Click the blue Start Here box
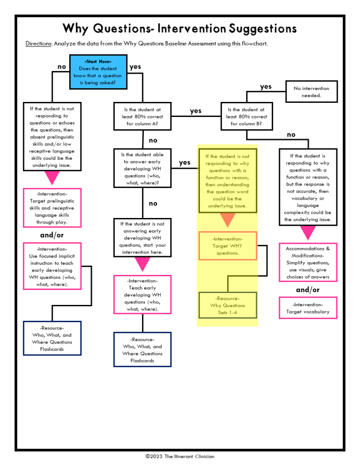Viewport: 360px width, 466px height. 98,72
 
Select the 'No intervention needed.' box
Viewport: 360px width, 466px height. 311,92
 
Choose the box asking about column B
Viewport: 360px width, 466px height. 246,116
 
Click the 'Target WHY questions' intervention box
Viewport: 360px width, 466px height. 228,246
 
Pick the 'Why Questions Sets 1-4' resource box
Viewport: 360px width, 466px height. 228,305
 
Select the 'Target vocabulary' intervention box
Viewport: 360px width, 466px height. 308,308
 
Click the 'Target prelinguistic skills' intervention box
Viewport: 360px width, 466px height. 52,208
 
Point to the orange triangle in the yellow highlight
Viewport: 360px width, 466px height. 228,220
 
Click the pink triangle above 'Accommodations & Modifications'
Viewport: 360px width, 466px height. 308,232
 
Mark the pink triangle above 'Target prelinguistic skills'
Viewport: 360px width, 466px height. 52,178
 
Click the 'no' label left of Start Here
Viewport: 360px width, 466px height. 62,67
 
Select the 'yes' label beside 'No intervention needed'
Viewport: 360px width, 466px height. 266,86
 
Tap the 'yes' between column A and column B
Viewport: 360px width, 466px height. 196,111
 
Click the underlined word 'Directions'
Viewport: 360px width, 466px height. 39,44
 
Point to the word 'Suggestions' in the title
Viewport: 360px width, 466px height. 263,29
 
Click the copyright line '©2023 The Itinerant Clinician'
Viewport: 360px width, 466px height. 180,456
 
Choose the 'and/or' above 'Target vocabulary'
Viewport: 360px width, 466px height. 308,290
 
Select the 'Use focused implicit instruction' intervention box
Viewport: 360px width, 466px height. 52,266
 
